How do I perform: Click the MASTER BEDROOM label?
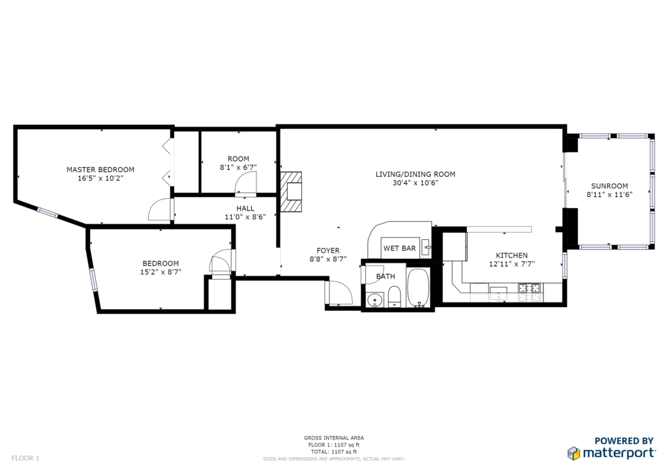tap(100, 170)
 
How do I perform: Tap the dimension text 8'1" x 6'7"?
tap(238, 168)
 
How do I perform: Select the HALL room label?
tap(245, 208)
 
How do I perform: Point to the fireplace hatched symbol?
tap(290, 192)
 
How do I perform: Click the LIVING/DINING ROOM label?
tap(416, 174)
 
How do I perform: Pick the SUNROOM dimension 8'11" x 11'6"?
tap(609, 194)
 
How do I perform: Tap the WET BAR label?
tap(399, 248)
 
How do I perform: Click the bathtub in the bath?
tap(418, 288)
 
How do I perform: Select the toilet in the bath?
tap(394, 297)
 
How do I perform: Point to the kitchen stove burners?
tap(529, 288)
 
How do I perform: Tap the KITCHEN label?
tap(511, 256)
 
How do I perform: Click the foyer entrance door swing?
tap(341, 293)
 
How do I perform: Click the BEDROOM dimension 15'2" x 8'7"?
tap(160, 272)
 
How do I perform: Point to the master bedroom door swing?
tap(160, 209)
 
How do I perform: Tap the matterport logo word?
tap(619, 453)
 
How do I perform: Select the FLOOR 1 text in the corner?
tap(25, 458)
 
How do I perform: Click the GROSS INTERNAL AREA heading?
tap(333, 437)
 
